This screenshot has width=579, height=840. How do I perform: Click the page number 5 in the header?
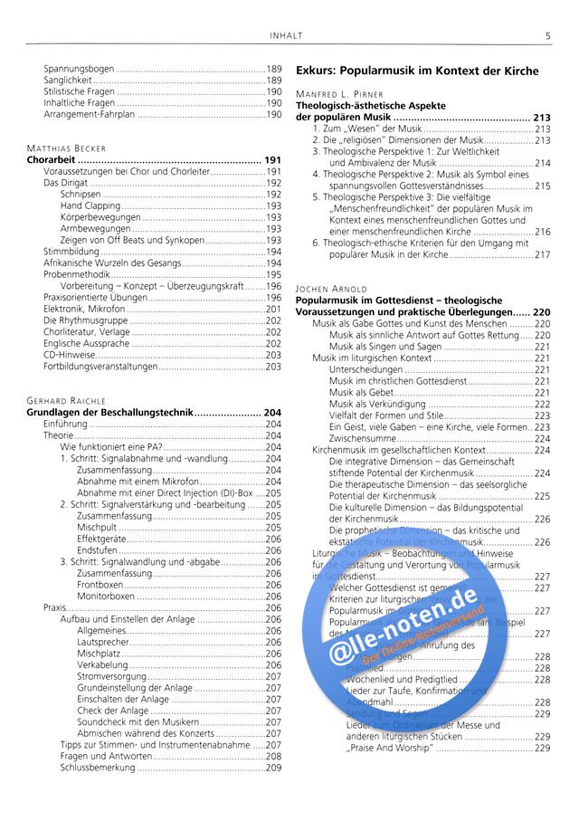point(548,36)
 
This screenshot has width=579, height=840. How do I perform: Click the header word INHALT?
point(287,36)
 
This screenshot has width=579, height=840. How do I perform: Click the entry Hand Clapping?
point(90,205)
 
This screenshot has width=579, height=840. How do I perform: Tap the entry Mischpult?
point(97,527)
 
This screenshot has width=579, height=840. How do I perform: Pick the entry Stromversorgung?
point(111,676)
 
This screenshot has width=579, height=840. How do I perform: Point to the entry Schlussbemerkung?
point(97,768)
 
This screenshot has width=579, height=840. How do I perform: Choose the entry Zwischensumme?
point(363,438)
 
